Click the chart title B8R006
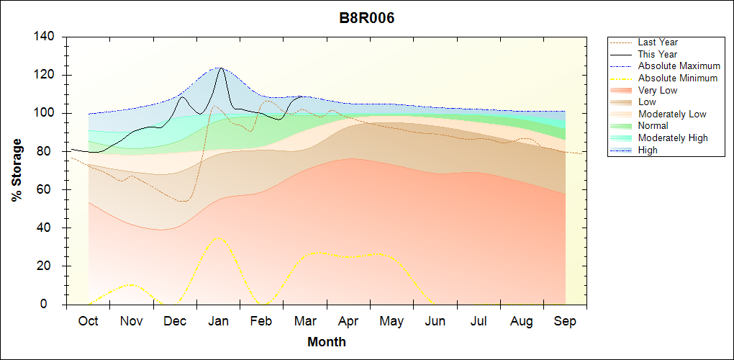(366, 18)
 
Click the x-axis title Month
(326, 342)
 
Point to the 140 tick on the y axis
(46, 37)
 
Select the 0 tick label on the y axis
(53, 305)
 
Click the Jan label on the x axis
(218, 322)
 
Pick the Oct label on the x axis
(89, 322)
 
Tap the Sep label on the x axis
(565, 322)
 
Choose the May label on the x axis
(391, 322)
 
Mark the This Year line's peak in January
(220, 68)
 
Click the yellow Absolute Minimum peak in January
(219, 238)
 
